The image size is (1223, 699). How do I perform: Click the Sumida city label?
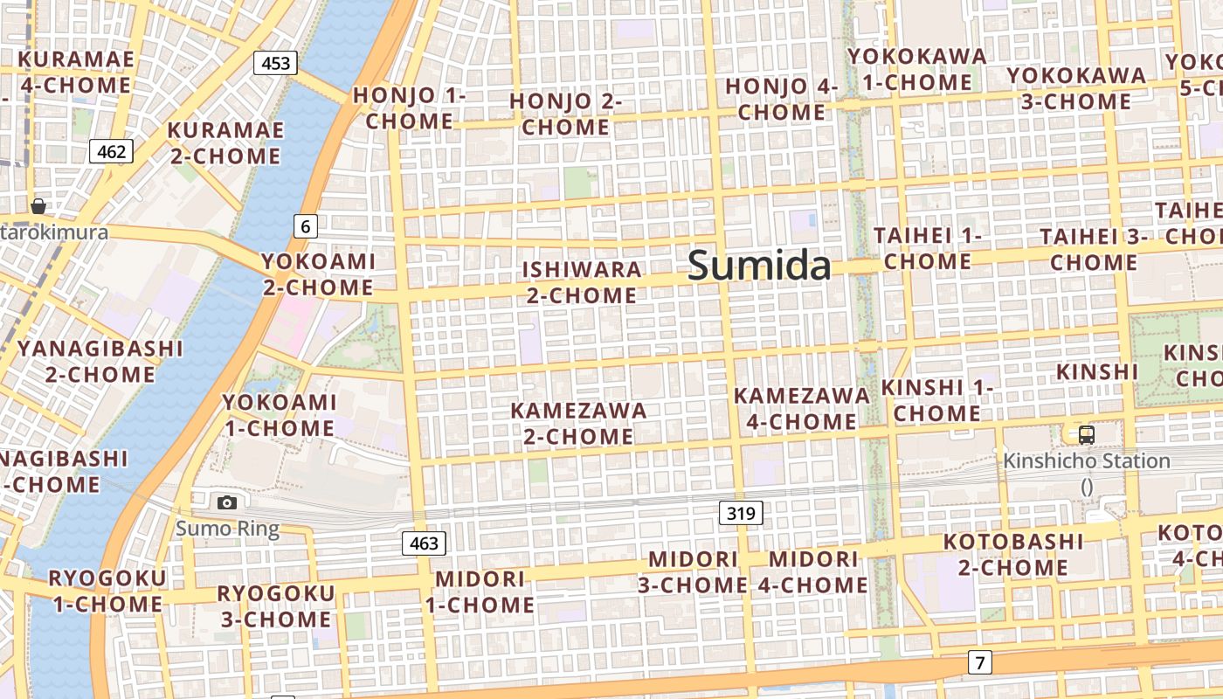(758, 265)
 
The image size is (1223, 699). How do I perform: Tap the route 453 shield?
(275, 63)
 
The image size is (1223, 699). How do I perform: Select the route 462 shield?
(111, 152)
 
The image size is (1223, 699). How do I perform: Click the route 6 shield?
(304, 226)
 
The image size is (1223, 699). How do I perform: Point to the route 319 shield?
(741, 513)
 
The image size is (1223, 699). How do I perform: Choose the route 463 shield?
(424, 543)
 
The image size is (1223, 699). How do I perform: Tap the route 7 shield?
(979, 662)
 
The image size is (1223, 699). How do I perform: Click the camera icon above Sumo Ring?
(227, 502)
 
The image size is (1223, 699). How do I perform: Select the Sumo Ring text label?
(227, 529)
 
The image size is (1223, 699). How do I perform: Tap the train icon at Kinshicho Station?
(1086, 434)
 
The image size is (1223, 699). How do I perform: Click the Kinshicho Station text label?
(1086, 460)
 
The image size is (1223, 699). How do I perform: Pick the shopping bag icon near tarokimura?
(38, 206)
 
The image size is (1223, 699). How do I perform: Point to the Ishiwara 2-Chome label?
(582, 282)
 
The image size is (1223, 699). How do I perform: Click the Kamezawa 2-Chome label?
(578, 423)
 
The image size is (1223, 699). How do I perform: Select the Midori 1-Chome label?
(480, 592)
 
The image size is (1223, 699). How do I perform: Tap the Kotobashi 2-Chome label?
(1013, 554)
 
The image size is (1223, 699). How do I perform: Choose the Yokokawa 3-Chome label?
(1076, 88)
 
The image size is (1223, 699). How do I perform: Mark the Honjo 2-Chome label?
(565, 114)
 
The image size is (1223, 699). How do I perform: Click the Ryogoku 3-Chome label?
(275, 606)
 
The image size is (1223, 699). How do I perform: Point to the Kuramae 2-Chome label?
(225, 143)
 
